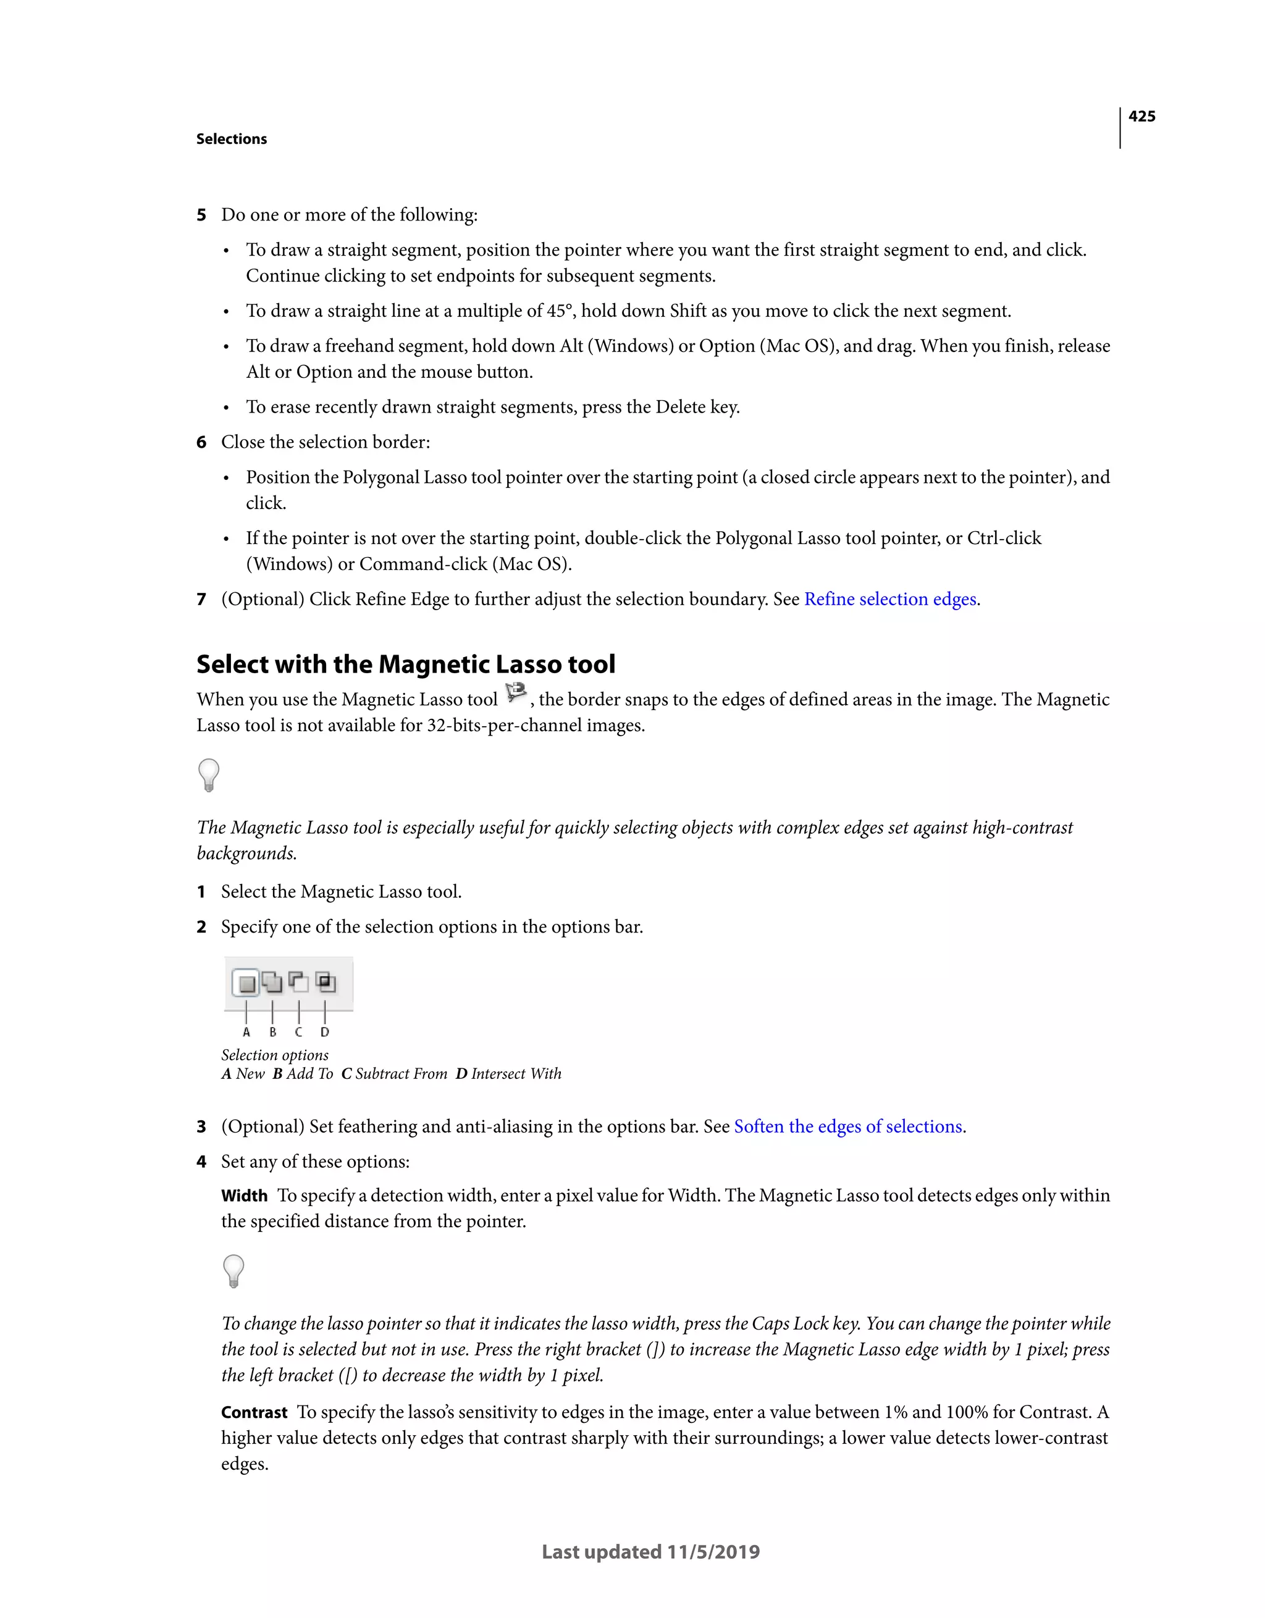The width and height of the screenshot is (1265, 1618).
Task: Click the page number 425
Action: pos(1141,116)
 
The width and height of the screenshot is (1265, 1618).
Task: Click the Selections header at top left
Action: pos(231,140)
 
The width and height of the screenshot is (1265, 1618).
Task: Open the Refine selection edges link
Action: pos(890,600)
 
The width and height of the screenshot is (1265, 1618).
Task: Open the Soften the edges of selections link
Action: pos(848,1127)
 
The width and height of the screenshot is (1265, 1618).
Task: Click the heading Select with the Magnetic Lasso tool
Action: pos(405,664)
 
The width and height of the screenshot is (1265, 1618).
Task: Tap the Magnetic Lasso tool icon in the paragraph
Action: pos(515,694)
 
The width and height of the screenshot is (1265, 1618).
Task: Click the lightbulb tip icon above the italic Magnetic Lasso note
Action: pos(209,775)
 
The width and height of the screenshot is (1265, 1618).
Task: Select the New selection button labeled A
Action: pos(247,983)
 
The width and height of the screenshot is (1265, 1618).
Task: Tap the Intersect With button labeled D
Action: pos(326,983)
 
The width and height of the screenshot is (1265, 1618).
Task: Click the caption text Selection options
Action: pos(275,1055)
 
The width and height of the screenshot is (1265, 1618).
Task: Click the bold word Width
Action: pos(244,1196)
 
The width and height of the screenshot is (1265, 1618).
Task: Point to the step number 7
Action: pos(201,600)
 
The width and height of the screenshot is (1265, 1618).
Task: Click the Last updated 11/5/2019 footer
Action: pos(650,1552)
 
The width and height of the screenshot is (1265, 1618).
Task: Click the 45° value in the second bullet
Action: pos(560,311)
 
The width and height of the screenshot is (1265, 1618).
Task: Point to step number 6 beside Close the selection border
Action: pos(201,442)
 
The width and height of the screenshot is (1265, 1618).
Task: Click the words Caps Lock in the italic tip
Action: pos(790,1324)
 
